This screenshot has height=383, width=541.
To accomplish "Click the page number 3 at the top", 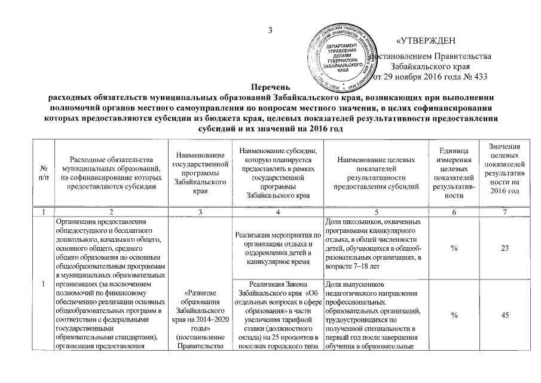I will coord(270,31).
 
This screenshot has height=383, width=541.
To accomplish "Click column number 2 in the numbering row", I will coord(110,212).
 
